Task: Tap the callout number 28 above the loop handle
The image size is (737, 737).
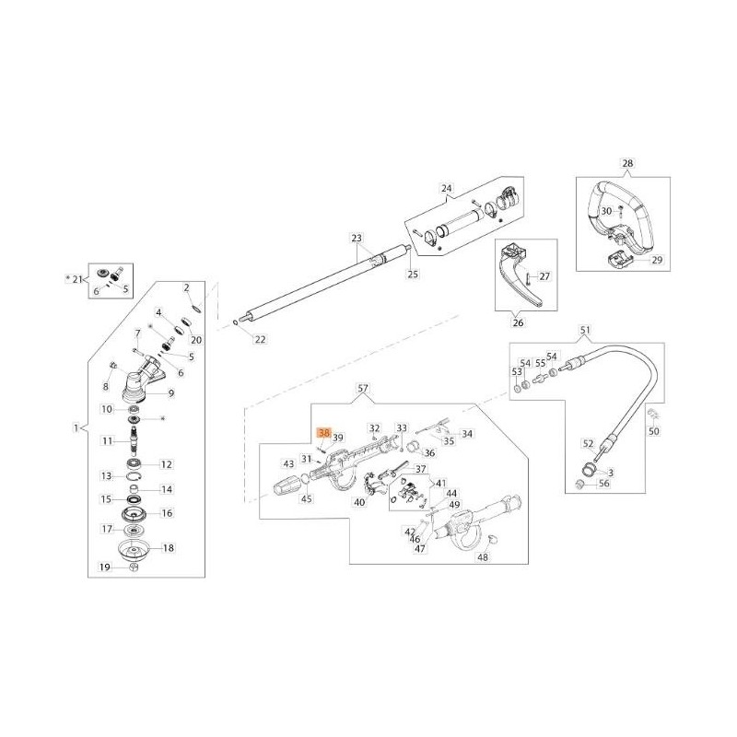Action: pyautogui.click(x=628, y=165)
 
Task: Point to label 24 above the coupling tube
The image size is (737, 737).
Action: pyautogui.click(x=448, y=191)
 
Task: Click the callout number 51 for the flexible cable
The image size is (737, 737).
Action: pyautogui.click(x=583, y=330)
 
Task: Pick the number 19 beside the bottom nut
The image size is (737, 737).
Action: pyautogui.click(x=105, y=568)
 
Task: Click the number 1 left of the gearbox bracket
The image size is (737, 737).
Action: pyautogui.click(x=76, y=427)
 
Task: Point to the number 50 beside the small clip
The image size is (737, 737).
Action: pyautogui.click(x=655, y=431)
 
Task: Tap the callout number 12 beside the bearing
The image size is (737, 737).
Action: pyautogui.click(x=167, y=464)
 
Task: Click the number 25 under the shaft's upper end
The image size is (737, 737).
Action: pyautogui.click(x=413, y=275)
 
